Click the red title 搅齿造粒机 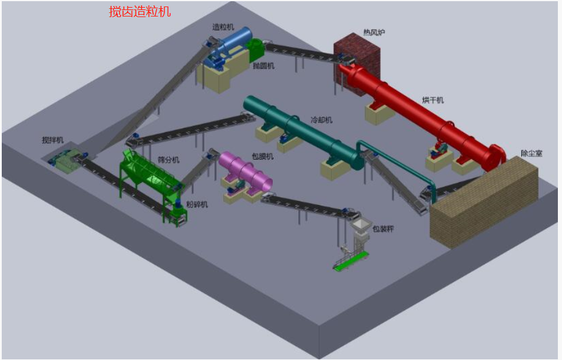(140, 12)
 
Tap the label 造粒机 (223, 27)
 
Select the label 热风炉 (374, 32)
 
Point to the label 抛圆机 (263, 65)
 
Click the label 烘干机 (432, 100)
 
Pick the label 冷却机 (321, 120)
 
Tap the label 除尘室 (531, 153)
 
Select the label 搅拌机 (52, 140)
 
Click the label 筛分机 (168, 160)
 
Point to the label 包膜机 (262, 156)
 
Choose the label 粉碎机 (197, 204)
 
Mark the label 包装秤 (383, 229)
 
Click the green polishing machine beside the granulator (256, 49)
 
